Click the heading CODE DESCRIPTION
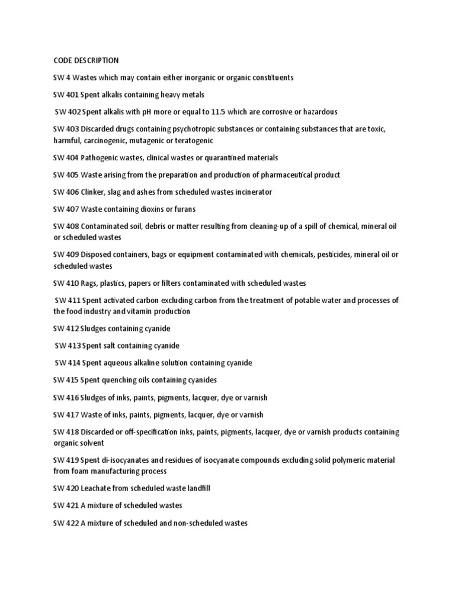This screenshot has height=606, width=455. point(86,60)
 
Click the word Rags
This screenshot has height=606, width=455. point(90,283)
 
